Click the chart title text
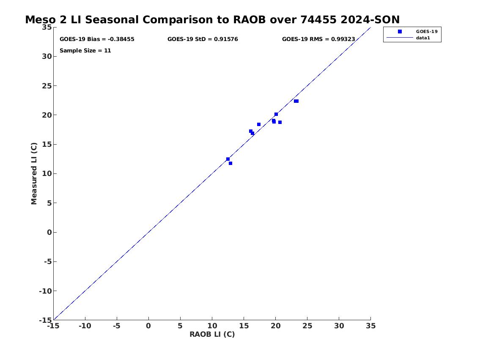[212, 20]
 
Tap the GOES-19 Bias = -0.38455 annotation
[97, 39]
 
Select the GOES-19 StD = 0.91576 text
[203, 39]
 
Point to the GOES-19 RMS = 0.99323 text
[318, 39]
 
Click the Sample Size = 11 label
[85, 50]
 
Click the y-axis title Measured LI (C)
[34, 173]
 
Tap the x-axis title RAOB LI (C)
[212, 334]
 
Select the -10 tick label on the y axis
[45, 291]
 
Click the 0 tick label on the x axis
[148, 326]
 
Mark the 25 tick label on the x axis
[307, 326]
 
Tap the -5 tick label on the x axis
[117, 326]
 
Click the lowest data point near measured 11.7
[230, 163]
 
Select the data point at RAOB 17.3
[259, 124]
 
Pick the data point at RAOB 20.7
[280, 122]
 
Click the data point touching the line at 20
[276, 115]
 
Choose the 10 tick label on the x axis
[212, 326]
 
